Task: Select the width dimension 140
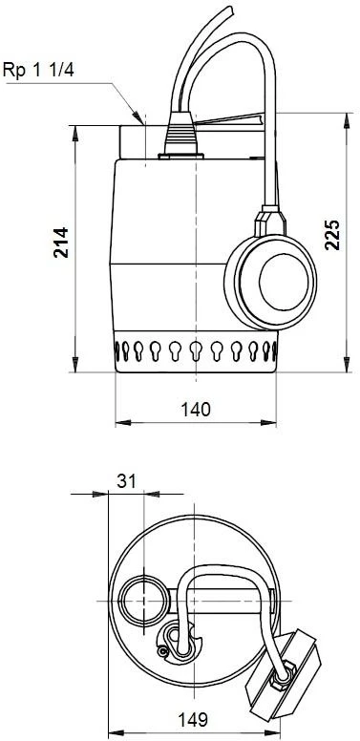195,408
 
